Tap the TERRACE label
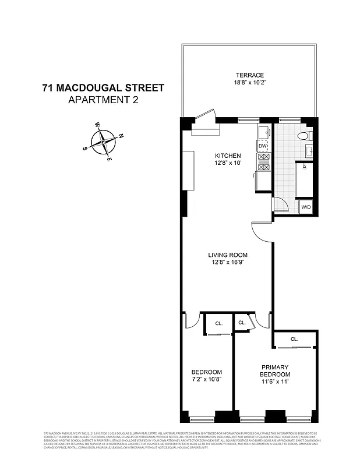[249, 75]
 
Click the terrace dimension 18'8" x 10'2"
[249, 83]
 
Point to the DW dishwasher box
[263, 146]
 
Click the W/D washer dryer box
[305, 207]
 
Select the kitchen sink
[263, 133]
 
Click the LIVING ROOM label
[228, 255]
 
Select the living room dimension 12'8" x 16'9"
[228, 263]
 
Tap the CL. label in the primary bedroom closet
[294, 339]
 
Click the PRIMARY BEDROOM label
[275, 370]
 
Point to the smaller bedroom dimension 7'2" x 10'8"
[207, 380]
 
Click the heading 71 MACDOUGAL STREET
[103, 89]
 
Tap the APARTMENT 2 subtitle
[103, 100]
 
